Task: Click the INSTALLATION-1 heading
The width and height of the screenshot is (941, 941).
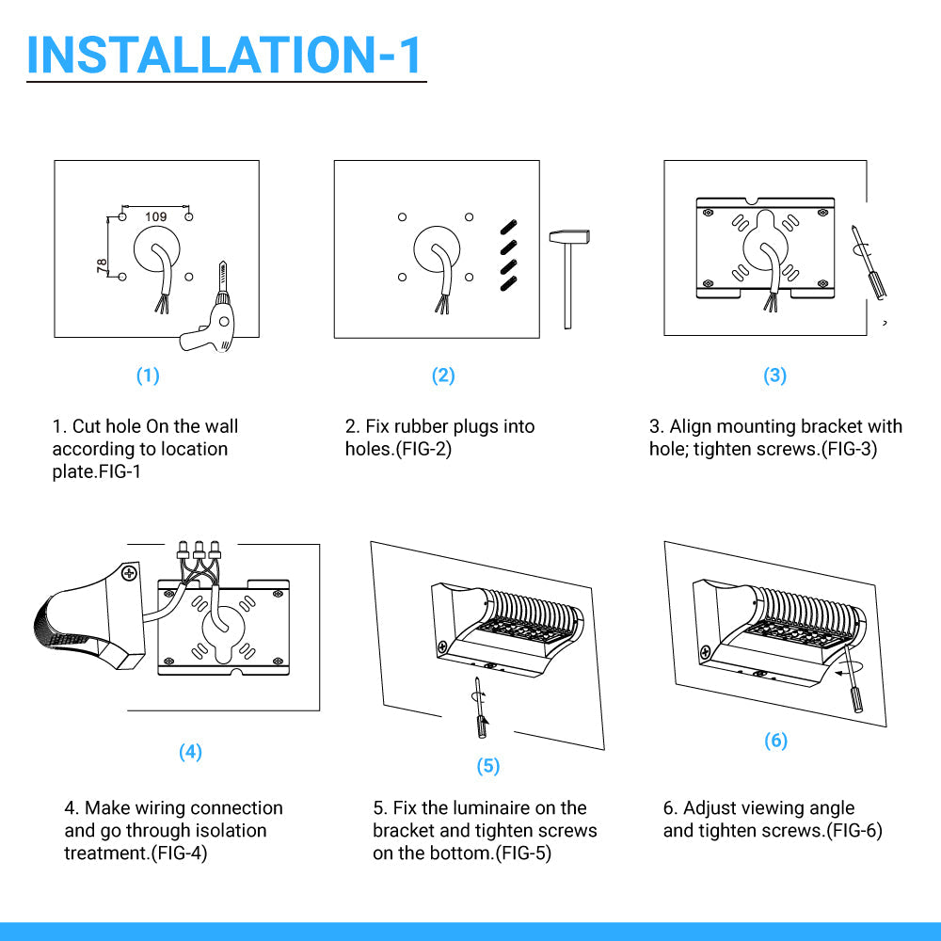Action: click(224, 55)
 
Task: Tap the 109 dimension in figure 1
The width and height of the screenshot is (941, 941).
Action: click(155, 216)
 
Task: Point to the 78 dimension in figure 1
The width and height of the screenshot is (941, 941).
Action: click(102, 266)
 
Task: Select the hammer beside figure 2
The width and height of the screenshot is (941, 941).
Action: click(568, 279)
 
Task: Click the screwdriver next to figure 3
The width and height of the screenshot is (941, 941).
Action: click(869, 263)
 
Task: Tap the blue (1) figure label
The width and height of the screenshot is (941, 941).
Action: click(148, 375)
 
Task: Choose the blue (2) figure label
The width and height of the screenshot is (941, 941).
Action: click(443, 375)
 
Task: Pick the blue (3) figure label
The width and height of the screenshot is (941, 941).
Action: click(774, 375)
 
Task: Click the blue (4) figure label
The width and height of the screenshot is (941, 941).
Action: click(190, 752)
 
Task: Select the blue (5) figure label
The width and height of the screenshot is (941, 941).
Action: click(487, 766)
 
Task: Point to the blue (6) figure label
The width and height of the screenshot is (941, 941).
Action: click(775, 741)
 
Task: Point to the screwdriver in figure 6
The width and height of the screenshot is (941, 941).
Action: click(853, 678)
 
